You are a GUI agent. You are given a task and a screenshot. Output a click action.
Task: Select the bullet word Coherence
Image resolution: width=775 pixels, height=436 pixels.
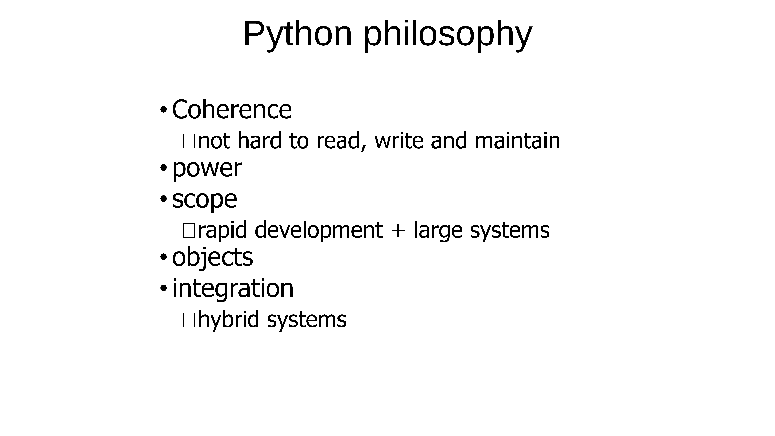232,110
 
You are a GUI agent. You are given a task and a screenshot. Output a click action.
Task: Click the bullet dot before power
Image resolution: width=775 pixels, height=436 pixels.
163,168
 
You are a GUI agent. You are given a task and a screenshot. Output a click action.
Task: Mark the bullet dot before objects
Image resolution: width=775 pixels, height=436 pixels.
163,257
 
